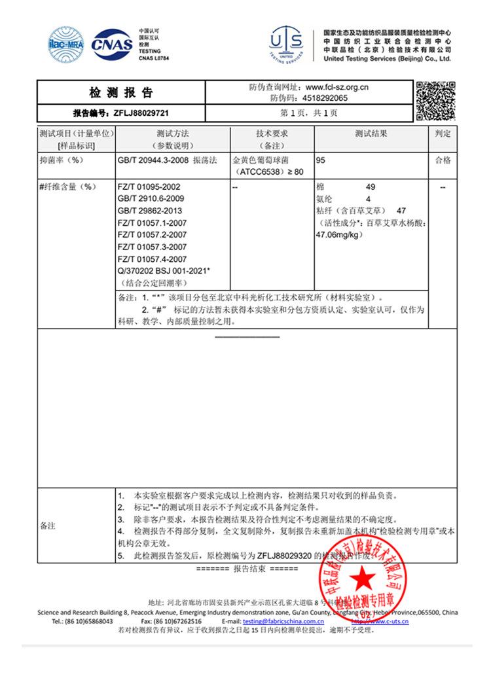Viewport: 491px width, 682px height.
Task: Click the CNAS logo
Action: coord(111,44)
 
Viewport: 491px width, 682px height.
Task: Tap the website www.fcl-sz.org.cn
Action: coord(337,86)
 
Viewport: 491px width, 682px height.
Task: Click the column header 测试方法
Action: coord(173,134)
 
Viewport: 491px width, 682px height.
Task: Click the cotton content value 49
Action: coord(371,187)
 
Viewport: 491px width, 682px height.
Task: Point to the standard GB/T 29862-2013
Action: coord(149,211)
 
